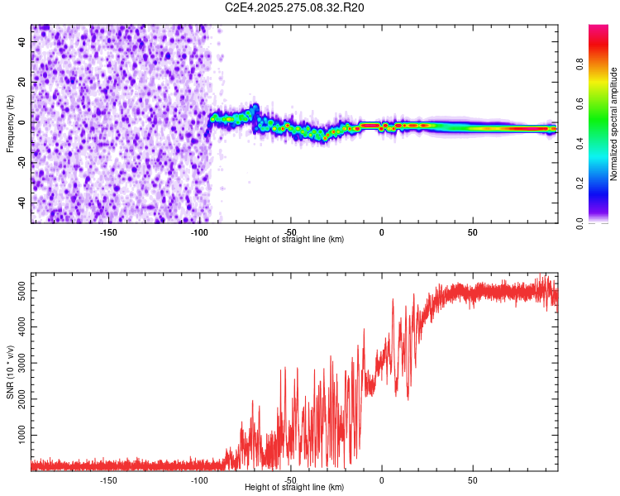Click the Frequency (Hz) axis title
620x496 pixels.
pos(10,124)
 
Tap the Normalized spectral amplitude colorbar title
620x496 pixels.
pos(614,124)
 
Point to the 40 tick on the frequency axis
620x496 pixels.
pos(22,42)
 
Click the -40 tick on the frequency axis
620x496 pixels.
pos(21,203)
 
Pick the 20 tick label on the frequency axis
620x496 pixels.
pos(22,83)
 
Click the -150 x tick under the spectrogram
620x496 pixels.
pos(108,232)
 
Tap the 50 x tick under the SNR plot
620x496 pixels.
pos(472,480)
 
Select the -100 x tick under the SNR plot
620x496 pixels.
pos(199,480)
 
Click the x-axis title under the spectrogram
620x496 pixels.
pos(294,240)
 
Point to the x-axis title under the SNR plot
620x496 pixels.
pos(294,488)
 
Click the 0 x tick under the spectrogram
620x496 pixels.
pos(381,232)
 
